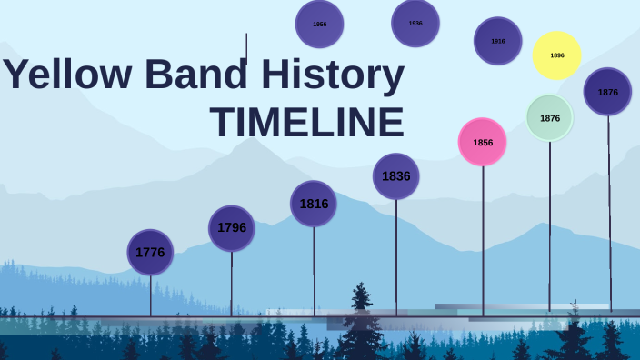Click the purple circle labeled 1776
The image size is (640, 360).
point(150,252)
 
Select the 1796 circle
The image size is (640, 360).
point(232,227)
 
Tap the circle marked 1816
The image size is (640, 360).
point(314,203)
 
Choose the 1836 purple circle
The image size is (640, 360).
point(396,175)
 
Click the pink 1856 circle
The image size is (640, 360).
point(482,142)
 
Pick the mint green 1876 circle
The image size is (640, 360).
point(549,117)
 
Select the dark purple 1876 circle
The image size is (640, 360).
point(607,92)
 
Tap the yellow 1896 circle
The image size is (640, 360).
point(556,55)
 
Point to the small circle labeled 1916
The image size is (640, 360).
point(498,41)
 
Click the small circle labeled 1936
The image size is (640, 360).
point(415,23)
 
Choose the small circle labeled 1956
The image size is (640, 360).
point(319,24)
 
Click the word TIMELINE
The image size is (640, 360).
point(306,123)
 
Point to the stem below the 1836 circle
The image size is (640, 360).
point(396,255)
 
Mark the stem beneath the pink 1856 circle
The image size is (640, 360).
point(483,241)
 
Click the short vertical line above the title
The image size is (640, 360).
point(246,48)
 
